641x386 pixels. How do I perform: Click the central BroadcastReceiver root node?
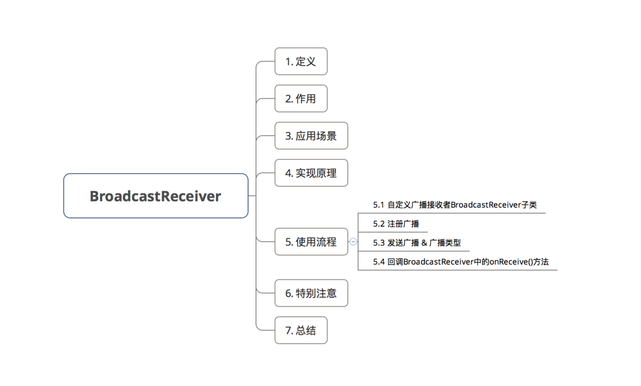[x=156, y=196]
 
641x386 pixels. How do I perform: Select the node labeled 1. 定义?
[x=301, y=61]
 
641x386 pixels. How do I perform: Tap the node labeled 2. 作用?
[x=301, y=99]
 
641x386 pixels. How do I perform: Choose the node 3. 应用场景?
[x=311, y=136]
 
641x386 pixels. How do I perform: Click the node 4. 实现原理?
[x=311, y=173]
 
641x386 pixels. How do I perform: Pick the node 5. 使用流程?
[x=311, y=241]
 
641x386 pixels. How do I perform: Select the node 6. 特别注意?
[x=311, y=293]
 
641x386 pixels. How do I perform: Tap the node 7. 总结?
[x=301, y=330]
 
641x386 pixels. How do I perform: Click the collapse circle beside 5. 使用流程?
[x=353, y=241]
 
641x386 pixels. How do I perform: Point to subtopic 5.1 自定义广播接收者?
[x=455, y=205]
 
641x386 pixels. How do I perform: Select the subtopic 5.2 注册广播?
[x=396, y=224]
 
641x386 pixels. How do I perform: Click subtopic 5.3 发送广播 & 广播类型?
[x=417, y=242]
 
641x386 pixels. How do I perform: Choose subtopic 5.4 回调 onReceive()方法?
[x=461, y=262]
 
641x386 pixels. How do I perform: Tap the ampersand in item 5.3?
[x=424, y=243]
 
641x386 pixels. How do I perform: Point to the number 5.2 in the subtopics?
[x=379, y=224]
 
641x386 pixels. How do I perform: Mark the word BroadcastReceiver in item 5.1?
[x=485, y=205]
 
